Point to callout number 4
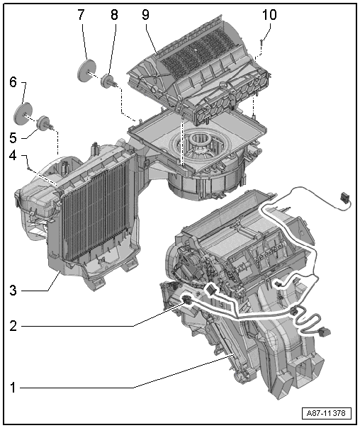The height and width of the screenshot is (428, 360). coord(12,154)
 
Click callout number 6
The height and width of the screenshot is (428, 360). coord(12,82)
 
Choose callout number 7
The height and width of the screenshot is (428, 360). coord(81,13)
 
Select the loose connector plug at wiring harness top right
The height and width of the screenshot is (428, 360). coord(345,198)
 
